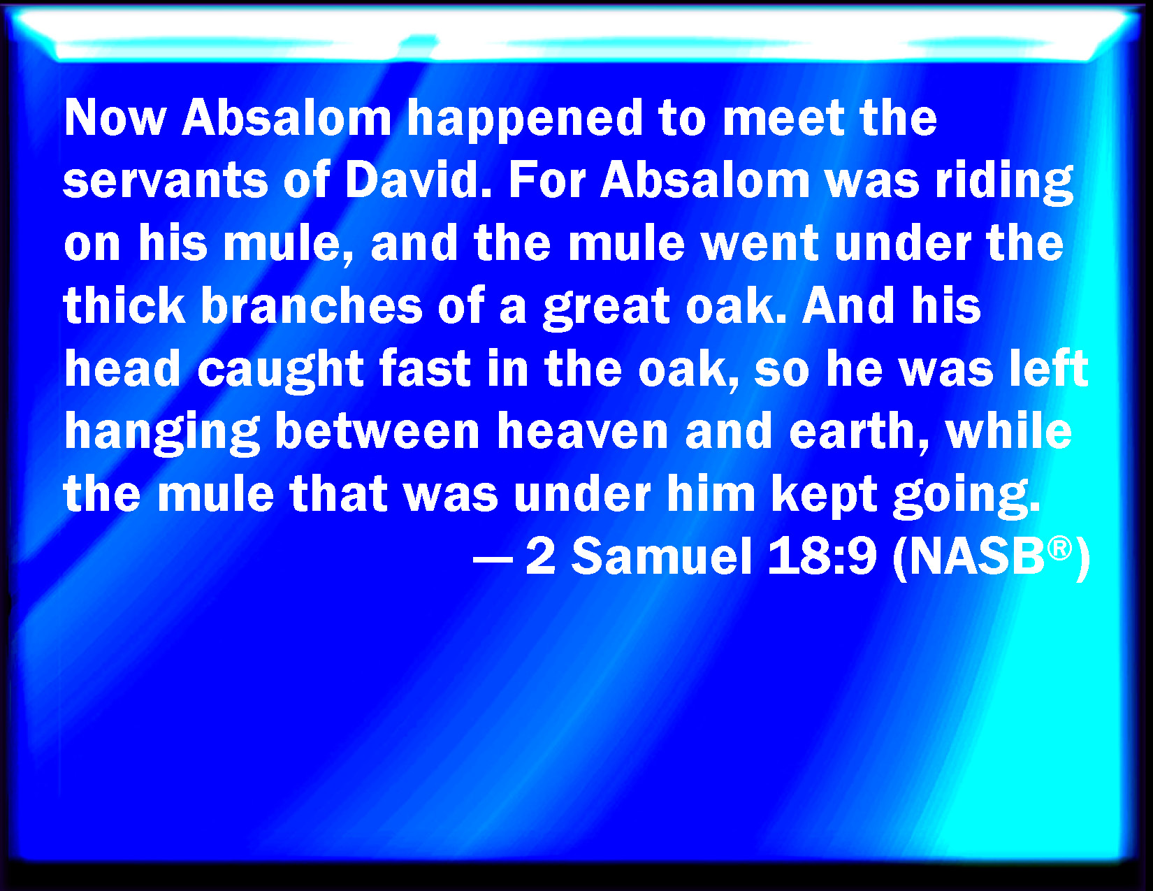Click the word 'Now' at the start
(x=115, y=117)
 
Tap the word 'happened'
(x=525, y=122)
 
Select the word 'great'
(x=607, y=308)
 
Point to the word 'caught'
(x=280, y=370)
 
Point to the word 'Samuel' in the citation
(x=662, y=556)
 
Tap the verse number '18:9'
(x=822, y=556)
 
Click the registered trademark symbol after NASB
(x=1059, y=549)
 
